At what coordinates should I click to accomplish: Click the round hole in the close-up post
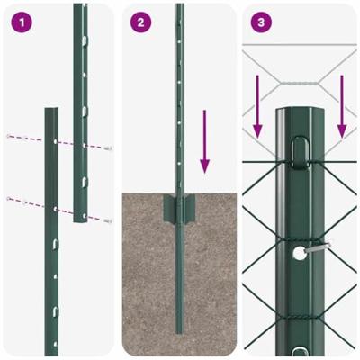[297, 254]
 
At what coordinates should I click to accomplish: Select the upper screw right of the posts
[108, 148]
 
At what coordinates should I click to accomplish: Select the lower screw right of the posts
[108, 220]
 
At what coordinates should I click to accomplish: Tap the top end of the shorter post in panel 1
[51, 112]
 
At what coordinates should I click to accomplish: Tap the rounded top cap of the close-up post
[296, 114]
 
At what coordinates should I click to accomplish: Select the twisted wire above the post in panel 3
[296, 83]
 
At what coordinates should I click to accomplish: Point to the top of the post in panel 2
[179, 7]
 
